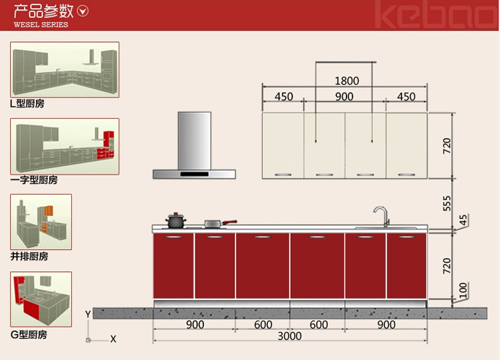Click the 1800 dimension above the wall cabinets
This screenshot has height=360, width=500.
pyautogui.click(x=347, y=81)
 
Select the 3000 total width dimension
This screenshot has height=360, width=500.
pyautogui.click(x=289, y=336)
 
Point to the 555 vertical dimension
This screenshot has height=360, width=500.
pyautogui.click(x=447, y=203)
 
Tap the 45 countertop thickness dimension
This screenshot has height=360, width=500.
pyautogui.click(x=463, y=220)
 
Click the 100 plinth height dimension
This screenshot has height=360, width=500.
pyautogui.click(x=463, y=290)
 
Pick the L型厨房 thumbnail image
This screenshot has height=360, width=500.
pyautogui.click(x=65, y=69)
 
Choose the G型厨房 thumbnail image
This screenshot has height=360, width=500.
pyautogui.click(x=41, y=299)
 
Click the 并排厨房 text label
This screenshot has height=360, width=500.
pyautogui.click(x=29, y=257)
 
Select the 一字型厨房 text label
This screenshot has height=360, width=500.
pyautogui.click(x=34, y=180)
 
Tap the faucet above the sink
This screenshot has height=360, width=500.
pyautogui.click(x=382, y=215)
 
